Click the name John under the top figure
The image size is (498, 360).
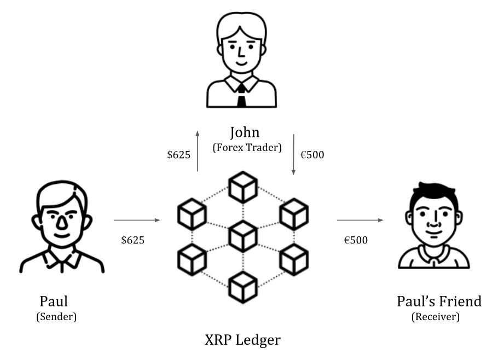244,133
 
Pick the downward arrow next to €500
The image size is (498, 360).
294,155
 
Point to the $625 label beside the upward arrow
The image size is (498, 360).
178,155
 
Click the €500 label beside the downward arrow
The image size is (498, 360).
312,155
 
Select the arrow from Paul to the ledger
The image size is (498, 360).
137,220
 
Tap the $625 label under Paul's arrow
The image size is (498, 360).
133,240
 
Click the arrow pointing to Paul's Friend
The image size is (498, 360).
360,220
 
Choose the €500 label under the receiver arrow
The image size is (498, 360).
356,240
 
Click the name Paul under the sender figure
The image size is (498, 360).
54,301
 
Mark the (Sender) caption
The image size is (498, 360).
56,316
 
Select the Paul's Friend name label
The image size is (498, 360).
439,301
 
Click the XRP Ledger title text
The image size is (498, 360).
242,340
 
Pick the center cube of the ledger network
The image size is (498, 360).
243,236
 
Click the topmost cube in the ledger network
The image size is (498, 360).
243,187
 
